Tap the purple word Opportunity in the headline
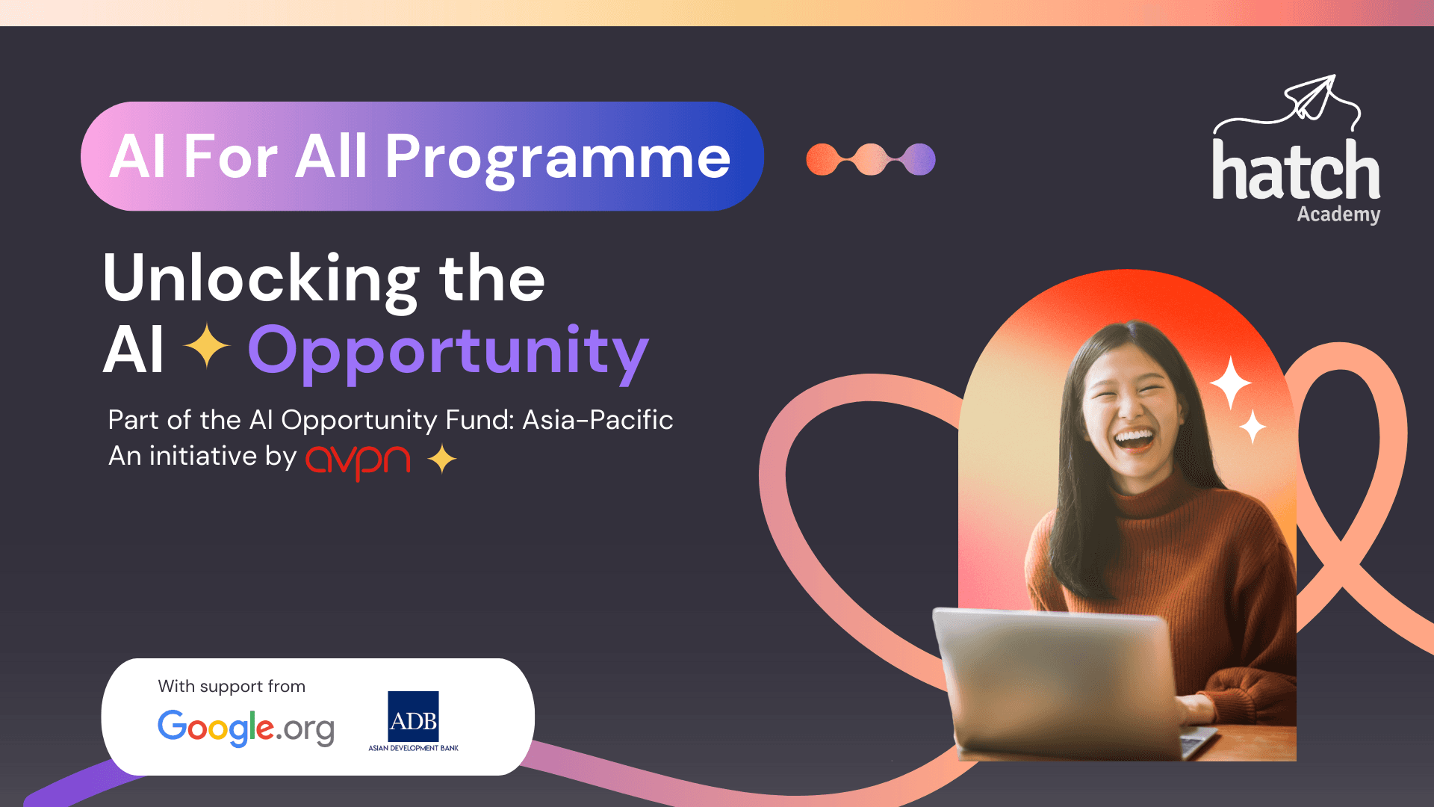448,353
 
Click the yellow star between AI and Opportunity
207,346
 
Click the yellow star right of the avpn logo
442,458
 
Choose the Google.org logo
246,727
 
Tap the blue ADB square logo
413,716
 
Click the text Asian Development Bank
413,748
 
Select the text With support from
232,686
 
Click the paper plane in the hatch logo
1311,96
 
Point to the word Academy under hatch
1338,214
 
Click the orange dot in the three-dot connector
822,159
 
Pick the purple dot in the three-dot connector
919,159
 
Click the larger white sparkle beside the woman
1231,383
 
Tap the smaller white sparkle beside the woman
1253,427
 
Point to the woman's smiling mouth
1135,439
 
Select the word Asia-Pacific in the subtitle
597,420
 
